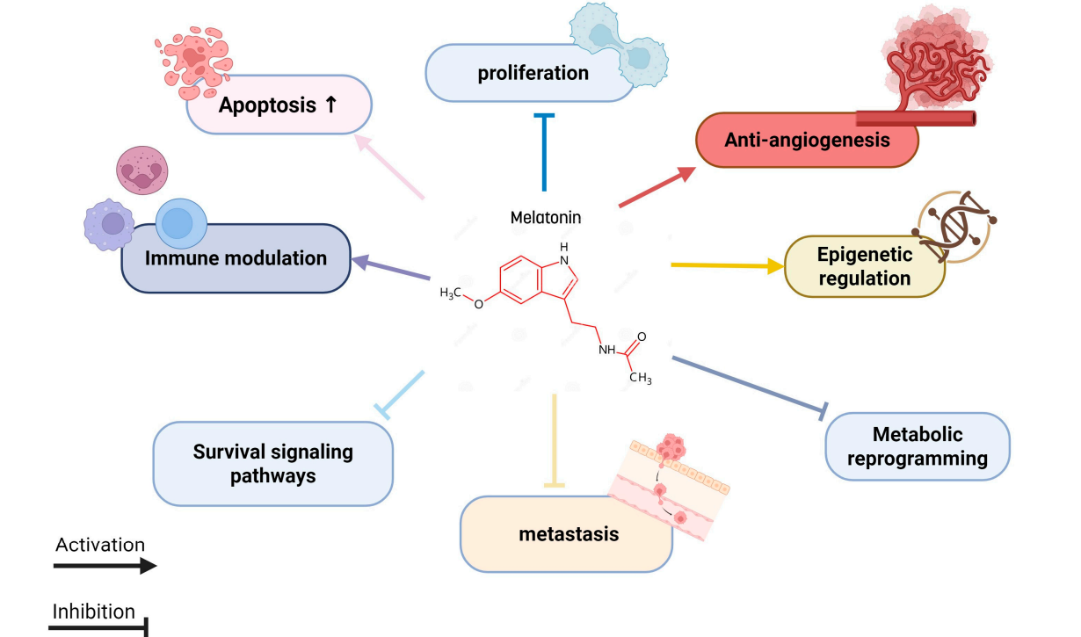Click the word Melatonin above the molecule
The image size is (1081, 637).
546,216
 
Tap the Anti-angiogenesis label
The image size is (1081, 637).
807,140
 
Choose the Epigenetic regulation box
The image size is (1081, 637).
864,266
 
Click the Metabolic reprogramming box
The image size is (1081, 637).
917,446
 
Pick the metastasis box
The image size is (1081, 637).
566,534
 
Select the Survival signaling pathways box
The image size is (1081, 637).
272,464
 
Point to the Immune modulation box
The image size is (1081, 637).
235,258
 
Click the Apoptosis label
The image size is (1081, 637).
278,105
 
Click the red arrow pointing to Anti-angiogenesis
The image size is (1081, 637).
655,187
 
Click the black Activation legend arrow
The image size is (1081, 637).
105,566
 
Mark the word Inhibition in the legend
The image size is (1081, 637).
94,612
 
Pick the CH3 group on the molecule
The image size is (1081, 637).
641,379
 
